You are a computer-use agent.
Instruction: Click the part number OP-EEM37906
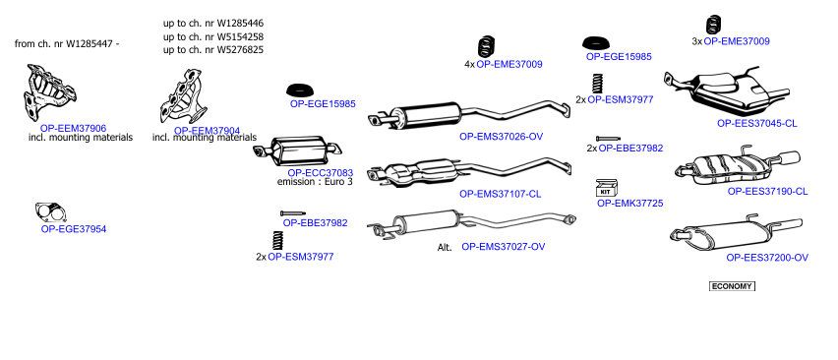(73, 128)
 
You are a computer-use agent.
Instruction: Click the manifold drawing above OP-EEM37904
(183, 96)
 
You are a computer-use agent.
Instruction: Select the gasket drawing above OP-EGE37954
(51, 212)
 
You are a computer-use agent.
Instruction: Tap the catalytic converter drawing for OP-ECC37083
(297, 151)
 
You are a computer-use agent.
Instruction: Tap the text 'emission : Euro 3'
(315, 182)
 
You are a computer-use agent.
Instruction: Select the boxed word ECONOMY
(732, 286)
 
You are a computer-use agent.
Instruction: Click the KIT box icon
(607, 188)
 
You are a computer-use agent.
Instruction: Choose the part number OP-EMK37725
(630, 203)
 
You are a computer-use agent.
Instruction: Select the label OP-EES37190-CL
(767, 191)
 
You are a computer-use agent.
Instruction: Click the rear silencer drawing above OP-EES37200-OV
(736, 232)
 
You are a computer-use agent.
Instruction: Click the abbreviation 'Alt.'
(445, 247)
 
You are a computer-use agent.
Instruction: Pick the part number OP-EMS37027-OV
(504, 247)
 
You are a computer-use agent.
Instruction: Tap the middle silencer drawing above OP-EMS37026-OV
(469, 115)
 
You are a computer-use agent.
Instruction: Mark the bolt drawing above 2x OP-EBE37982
(608, 139)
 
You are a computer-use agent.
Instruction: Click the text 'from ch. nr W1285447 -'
(67, 44)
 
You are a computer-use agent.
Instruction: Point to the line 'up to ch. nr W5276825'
(213, 50)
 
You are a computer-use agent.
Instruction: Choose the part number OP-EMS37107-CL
(501, 194)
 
